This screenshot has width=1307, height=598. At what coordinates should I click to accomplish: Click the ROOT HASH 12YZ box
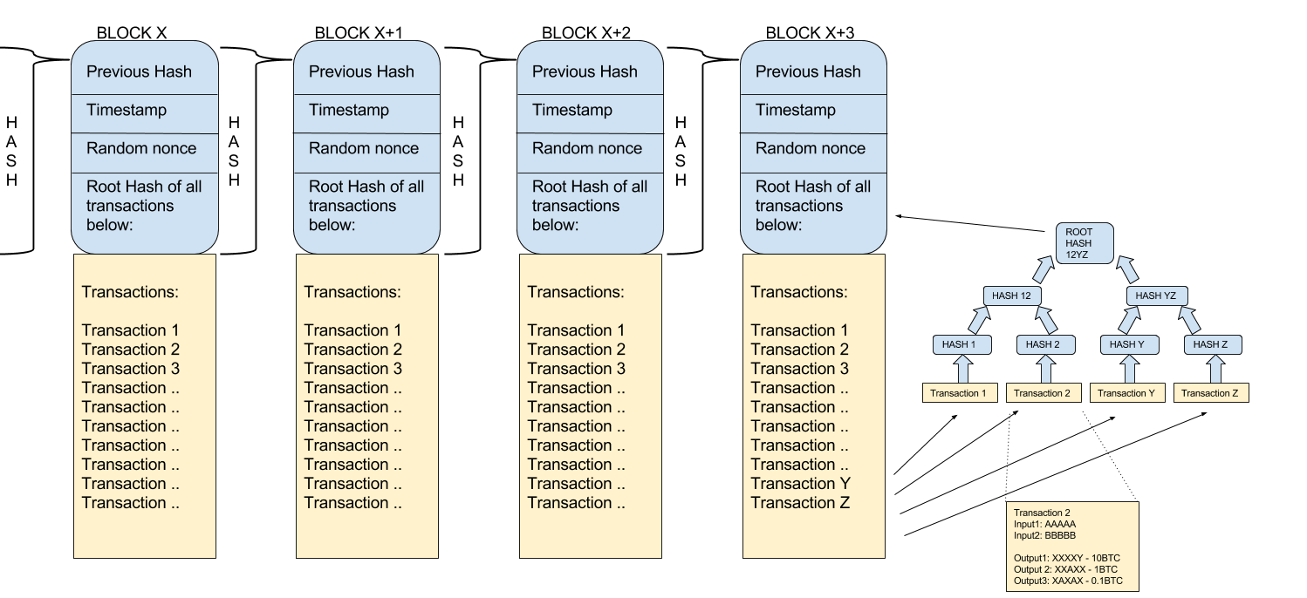tap(1085, 243)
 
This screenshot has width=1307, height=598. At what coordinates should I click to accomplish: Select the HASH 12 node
tap(1012, 296)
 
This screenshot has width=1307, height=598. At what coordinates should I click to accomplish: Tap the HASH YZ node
tap(1157, 296)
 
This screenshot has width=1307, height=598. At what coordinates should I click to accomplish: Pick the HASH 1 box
tap(959, 344)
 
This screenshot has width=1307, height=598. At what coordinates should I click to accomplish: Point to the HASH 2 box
tap(1044, 344)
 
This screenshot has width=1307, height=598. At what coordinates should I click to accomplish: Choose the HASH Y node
tap(1127, 344)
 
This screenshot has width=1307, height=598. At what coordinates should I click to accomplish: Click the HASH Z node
tap(1211, 344)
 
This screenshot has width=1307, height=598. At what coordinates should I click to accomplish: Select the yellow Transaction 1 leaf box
tap(960, 393)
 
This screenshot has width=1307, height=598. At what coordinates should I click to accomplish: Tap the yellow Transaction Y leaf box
tap(1127, 393)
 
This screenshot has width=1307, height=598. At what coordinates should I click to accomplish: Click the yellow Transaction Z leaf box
tap(1211, 393)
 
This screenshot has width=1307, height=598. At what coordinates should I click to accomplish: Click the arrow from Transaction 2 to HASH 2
tap(1044, 370)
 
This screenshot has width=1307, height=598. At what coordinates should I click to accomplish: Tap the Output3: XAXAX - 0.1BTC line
tap(1069, 580)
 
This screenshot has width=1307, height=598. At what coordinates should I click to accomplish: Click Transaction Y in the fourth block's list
tap(801, 484)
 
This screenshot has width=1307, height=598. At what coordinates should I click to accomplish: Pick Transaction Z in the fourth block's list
tap(800, 503)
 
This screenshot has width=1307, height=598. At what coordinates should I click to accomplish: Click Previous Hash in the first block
tap(140, 71)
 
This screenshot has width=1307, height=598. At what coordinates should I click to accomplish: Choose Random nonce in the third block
tap(587, 148)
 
